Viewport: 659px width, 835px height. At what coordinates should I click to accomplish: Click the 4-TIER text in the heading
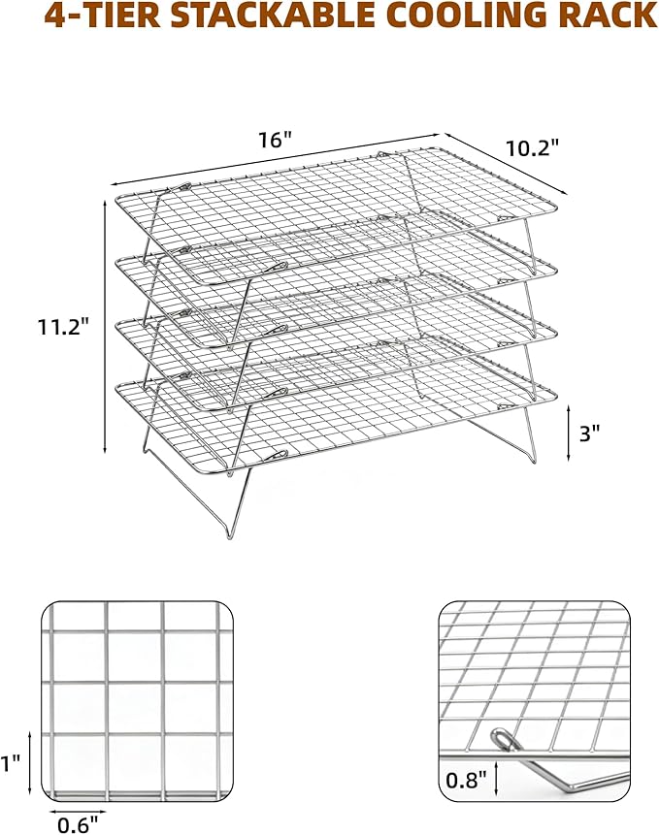pyautogui.click(x=102, y=15)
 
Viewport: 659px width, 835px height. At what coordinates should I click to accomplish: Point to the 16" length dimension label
pyautogui.click(x=276, y=140)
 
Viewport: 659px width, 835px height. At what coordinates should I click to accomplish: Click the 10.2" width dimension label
pyautogui.click(x=532, y=147)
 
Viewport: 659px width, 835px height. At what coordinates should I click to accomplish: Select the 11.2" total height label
pyautogui.click(x=62, y=327)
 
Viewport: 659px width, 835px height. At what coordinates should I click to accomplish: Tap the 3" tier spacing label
pyautogui.click(x=589, y=434)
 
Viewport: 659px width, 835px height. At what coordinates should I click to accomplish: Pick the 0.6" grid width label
pyautogui.click(x=78, y=825)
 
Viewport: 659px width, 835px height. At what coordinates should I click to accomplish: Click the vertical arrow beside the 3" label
pyautogui.click(x=569, y=433)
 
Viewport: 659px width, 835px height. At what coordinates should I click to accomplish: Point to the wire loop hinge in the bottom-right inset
pyautogui.click(x=504, y=739)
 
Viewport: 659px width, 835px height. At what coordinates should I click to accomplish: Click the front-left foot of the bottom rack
pyautogui.click(x=229, y=534)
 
